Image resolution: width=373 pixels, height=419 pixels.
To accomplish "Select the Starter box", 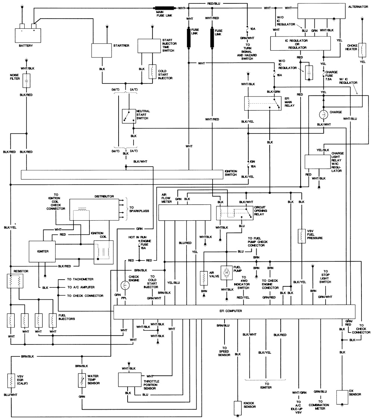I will click(x=102, y=50).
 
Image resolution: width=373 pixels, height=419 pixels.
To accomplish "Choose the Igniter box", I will click(x=42, y=251).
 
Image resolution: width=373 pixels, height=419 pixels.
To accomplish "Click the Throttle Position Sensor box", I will click(x=130, y=379).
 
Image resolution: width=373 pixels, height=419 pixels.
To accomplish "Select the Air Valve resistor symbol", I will click(x=204, y=278).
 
